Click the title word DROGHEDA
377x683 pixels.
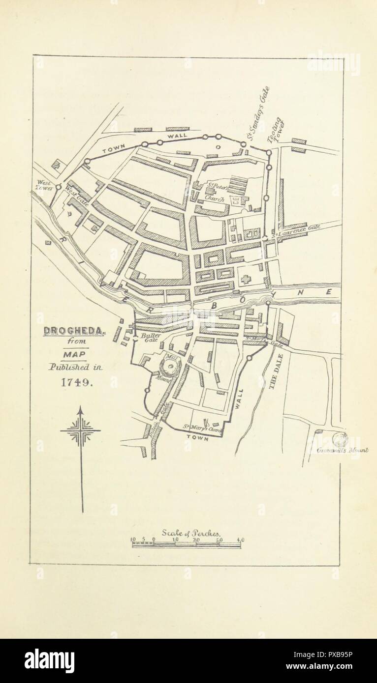pos(73,331)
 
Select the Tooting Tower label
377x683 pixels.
pos(274,130)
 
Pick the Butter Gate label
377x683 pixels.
pos(148,338)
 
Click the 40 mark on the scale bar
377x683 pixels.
pos(240,541)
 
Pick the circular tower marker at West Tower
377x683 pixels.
pos(58,187)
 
